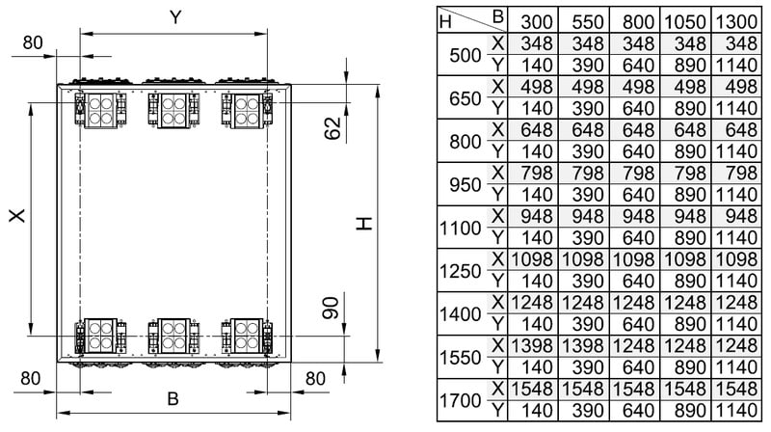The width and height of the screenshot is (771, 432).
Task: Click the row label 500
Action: coord(465,54)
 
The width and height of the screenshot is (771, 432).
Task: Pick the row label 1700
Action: coord(460,399)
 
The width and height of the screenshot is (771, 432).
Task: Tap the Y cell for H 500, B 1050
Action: coord(685,65)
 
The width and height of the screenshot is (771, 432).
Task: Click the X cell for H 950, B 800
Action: coord(636,173)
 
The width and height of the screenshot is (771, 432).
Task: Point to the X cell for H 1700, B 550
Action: coord(586,389)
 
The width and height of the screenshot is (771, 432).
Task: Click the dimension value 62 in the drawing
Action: coord(332,127)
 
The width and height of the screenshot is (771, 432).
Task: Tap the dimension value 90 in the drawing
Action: coord(332,309)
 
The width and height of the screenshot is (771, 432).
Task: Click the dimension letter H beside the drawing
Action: coord(362,223)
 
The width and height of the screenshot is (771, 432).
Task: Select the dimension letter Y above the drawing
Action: coord(175,16)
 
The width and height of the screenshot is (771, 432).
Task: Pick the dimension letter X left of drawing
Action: coord(16,218)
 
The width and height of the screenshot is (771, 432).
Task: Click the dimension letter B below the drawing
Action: coord(173,397)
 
